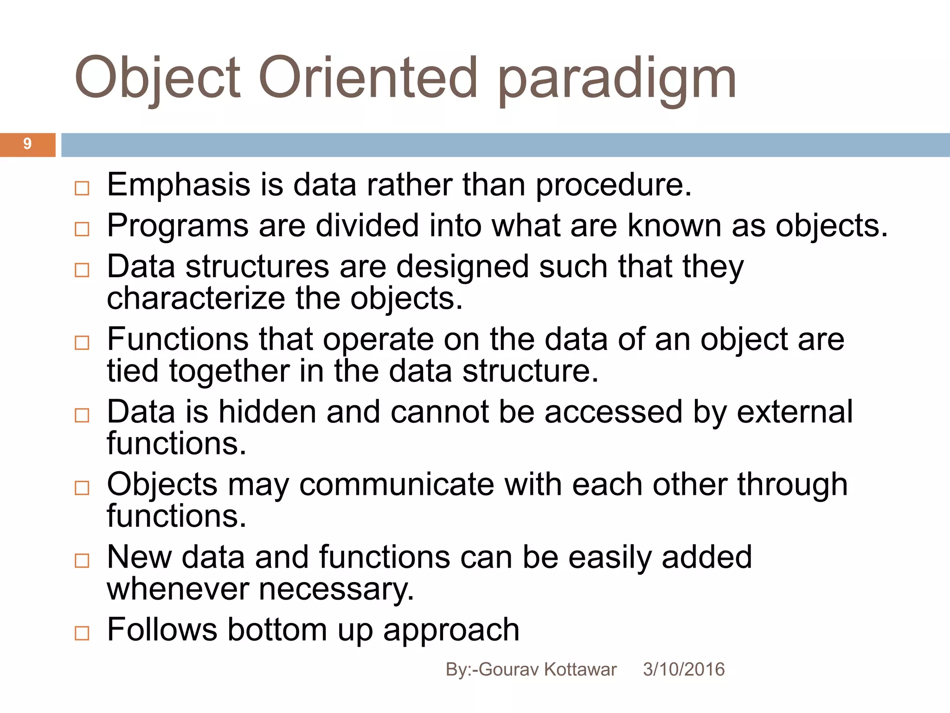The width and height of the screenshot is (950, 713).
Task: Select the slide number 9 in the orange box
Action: click(27, 144)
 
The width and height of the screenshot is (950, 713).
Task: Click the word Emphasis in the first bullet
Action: click(179, 186)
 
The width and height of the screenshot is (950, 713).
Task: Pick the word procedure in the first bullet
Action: click(613, 186)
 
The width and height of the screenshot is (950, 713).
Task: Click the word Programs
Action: click(178, 227)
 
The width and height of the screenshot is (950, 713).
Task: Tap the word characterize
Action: click(195, 298)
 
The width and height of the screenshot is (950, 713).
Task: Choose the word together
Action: click(229, 372)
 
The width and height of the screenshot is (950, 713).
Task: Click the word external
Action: click(795, 412)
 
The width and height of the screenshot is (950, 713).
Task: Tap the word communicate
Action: click(397, 485)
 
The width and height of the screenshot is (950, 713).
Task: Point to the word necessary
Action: click(336, 590)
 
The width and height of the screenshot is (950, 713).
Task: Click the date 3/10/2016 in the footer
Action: click(683, 670)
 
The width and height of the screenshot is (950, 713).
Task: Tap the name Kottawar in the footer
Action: click(580, 670)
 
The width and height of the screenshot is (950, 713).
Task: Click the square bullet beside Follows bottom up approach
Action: click(82, 633)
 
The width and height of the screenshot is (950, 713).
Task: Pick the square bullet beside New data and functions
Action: click(82, 561)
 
